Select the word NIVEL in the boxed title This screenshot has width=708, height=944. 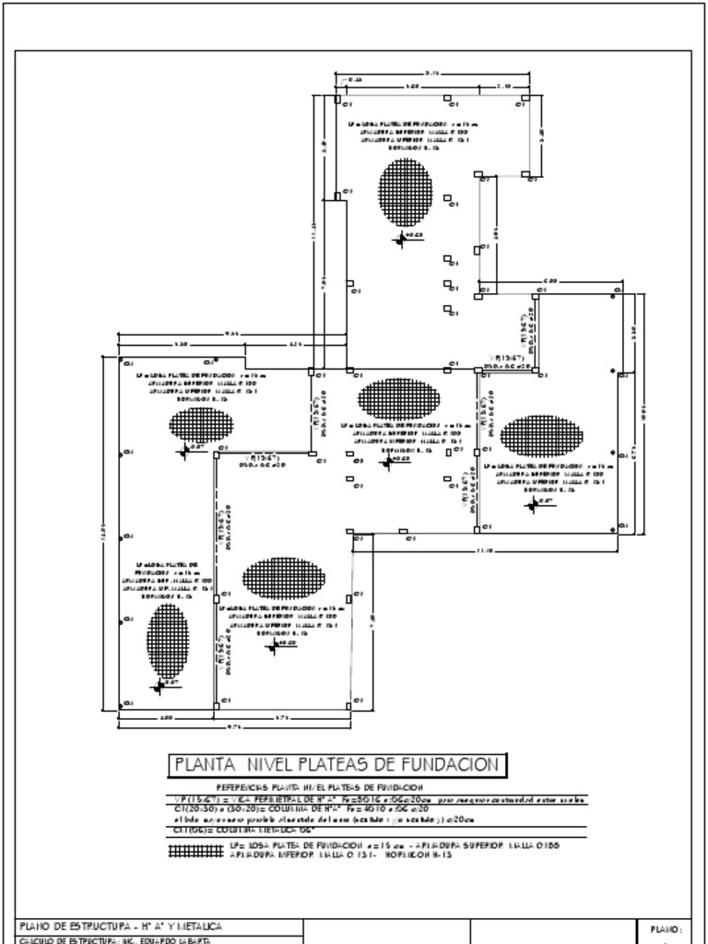(x=272, y=764)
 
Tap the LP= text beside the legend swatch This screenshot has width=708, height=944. (x=236, y=844)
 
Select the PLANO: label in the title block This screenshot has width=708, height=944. (x=665, y=929)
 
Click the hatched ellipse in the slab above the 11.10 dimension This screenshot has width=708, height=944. (x=542, y=436)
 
